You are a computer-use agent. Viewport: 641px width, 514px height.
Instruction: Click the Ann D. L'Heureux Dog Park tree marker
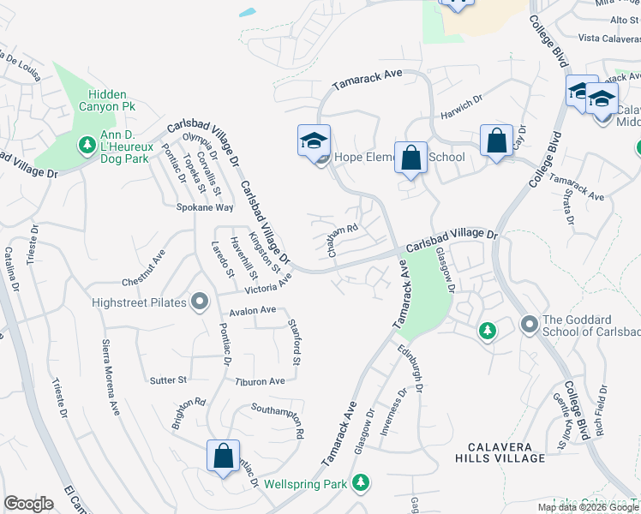86,146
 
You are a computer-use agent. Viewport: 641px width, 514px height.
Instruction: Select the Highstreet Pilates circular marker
201,301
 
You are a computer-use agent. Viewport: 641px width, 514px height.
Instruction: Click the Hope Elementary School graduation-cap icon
315,140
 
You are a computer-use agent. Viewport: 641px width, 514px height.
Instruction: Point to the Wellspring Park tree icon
361,483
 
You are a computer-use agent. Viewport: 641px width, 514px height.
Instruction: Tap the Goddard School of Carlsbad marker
529,324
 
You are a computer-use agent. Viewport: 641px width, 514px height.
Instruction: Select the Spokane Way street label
205,207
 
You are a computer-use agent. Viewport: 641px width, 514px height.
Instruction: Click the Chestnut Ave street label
143,267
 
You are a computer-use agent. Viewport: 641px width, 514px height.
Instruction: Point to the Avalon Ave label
252,309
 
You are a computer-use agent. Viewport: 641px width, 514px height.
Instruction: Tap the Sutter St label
168,380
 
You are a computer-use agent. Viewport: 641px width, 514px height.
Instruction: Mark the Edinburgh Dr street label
411,369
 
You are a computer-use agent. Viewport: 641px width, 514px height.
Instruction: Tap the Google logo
28,504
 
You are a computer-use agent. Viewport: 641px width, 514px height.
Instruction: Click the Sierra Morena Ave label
111,378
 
